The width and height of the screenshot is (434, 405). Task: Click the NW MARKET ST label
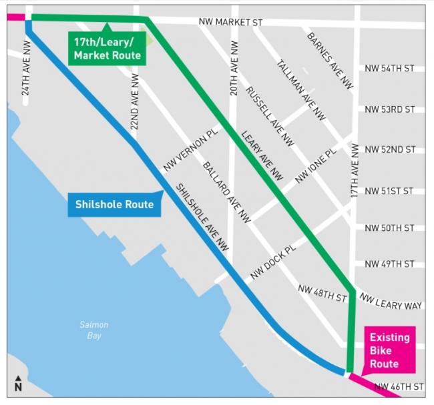(x=230, y=23)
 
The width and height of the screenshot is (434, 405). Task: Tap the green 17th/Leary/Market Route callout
(x=107, y=49)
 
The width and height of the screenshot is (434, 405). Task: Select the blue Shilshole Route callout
(x=114, y=204)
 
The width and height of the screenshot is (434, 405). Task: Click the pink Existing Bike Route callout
(x=389, y=350)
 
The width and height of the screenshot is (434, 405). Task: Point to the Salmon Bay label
(x=93, y=330)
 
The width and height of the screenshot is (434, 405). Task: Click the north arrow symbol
(x=18, y=384)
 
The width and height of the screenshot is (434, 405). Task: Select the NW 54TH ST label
(x=390, y=69)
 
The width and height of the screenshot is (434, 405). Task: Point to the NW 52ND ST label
(x=390, y=149)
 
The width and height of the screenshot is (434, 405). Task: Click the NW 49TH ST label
(x=390, y=264)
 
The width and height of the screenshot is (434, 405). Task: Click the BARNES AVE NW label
(x=329, y=60)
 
